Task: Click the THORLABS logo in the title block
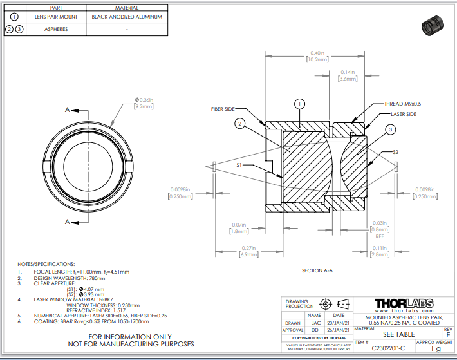[x=407, y=304]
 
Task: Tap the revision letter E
[x=447, y=336]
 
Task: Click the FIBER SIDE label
[x=223, y=109]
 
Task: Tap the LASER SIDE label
[x=404, y=113]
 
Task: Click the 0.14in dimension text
[x=348, y=72]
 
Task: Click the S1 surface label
[x=239, y=166]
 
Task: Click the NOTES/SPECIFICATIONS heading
[x=46, y=264]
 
